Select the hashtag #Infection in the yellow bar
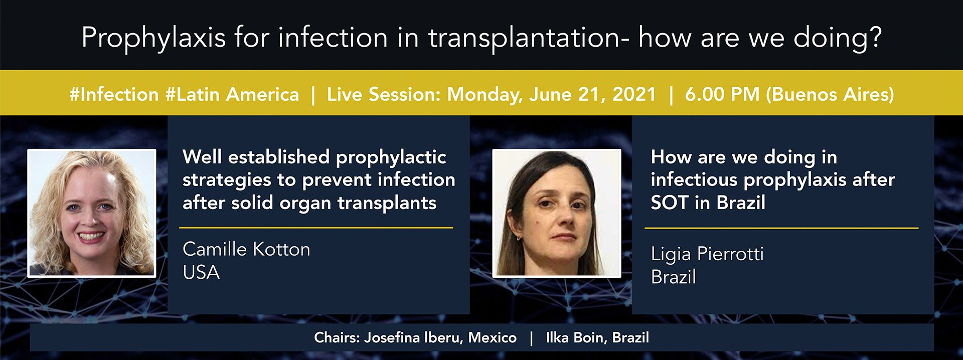click(x=114, y=94)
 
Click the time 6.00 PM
click(x=722, y=94)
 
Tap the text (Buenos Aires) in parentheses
click(x=830, y=94)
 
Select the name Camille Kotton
click(x=246, y=249)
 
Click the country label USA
click(x=201, y=272)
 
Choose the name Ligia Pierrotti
click(x=707, y=254)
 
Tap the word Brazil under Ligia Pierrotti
click(x=674, y=277)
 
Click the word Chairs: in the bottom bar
click(x=337, y=338)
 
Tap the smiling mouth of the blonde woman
click(x=91, y=236)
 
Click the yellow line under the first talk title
click(x=316, y=228)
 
